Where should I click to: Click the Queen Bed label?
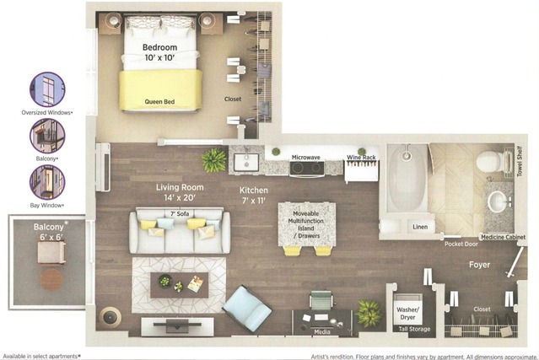tap(159, 102)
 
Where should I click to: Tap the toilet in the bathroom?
tap(490, 161)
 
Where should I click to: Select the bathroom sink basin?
tap(498, 202)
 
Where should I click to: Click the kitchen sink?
tap(246, 163)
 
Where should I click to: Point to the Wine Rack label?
tap(361, 158)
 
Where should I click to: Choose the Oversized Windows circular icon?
tap(47, 89)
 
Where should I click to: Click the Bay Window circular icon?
tap(47, 182)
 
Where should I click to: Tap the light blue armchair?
tap(247, 309)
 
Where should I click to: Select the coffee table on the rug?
tap(180, 285)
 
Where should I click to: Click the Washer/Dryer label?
tap(407, 314)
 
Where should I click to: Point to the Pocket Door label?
tap(461, 244)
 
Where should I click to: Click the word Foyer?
tap(479, 265)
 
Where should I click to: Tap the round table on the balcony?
tap(51, 280)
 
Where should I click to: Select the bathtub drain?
tap(407, 156)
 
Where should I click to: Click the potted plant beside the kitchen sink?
tap(213, 160)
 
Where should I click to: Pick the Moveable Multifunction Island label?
tap(306, 224)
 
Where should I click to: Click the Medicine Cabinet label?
tap(503, 237)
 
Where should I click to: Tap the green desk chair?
tap(321, 299)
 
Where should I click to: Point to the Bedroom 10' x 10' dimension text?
tap(159, 52)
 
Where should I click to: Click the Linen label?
tap(420, 227)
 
